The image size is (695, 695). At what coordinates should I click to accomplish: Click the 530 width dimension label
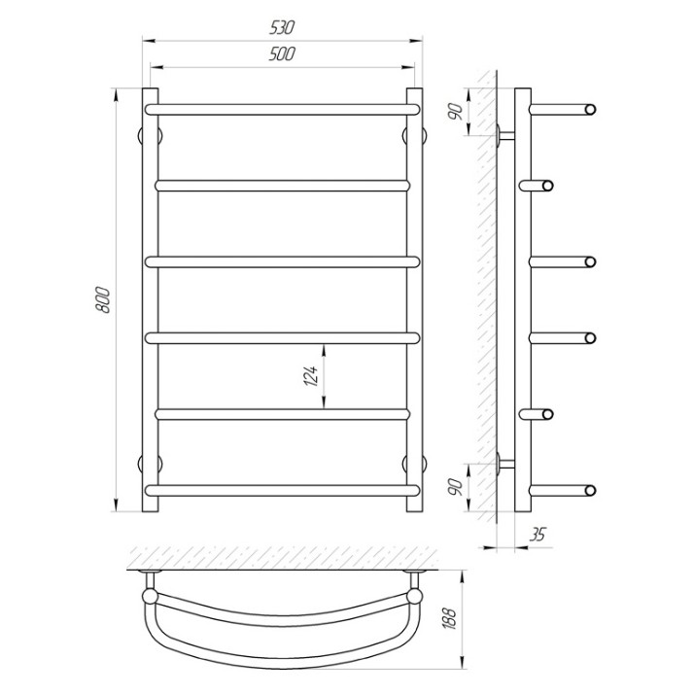(x=282, y=28)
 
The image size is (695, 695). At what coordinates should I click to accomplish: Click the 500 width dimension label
(x=282, y=54)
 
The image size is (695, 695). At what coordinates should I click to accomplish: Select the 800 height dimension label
(x=102, y=300)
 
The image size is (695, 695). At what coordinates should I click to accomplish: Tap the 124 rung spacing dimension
(x=311, y=376)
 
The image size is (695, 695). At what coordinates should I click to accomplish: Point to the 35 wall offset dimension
(x=538, y=535)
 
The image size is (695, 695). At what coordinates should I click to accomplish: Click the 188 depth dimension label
(x=449, y=618)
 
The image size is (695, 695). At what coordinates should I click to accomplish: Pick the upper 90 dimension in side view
(x=456, y=112)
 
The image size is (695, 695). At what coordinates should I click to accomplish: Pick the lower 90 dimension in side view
(x=456, y=487)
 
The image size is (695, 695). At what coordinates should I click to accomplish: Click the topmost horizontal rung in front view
(x=282, y=110)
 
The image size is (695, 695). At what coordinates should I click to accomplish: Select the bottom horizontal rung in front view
(x=282, y=490)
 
